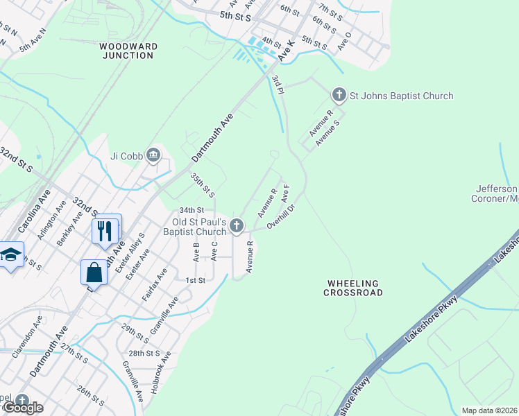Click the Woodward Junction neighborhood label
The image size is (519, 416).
tap(128, 51)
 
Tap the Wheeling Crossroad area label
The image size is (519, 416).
tap(352, 288)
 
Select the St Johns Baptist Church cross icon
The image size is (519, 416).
tap(339, 94)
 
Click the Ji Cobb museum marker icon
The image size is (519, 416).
tap(153, 155)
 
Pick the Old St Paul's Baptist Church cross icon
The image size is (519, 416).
tap(237, 225)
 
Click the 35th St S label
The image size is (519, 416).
tap(203, 185)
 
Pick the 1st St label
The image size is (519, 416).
tap(196, 280)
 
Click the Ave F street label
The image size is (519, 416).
tap(284, 193)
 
